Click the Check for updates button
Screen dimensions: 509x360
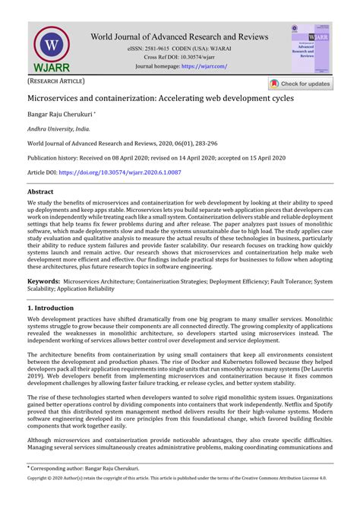pyautogui.click(x=300, y=84)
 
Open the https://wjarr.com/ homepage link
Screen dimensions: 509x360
pyautogui.click(x=204, y=66)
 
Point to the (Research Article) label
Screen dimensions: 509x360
pyautogui.click(x=56, y=80)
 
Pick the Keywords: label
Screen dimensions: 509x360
pyautogui.click(x=43, y=281)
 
